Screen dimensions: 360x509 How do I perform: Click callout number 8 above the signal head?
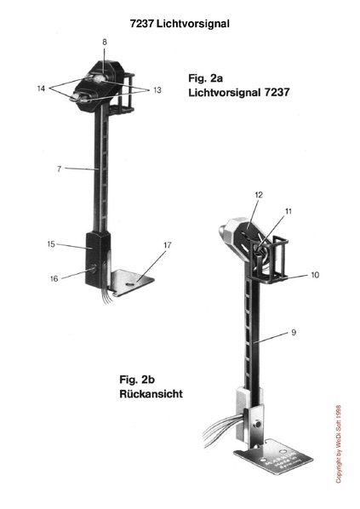click(x=104, y=42)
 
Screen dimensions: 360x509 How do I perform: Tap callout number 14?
click(x=41, y=89)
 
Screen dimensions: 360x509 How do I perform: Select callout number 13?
click(x=157, y=90)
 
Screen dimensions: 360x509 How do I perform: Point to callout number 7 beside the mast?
click(x=59, y=169)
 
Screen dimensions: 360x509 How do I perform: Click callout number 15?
click(x=51, y=244)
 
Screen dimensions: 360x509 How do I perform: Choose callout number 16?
click(x=54, y=278)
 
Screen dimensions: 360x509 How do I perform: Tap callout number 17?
click(x=167, y=245)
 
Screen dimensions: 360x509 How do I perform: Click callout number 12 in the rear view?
click(x=259, y=195)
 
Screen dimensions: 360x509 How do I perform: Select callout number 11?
click(x=289, y=211)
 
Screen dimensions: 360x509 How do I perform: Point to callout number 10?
click(x=315, y=275)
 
